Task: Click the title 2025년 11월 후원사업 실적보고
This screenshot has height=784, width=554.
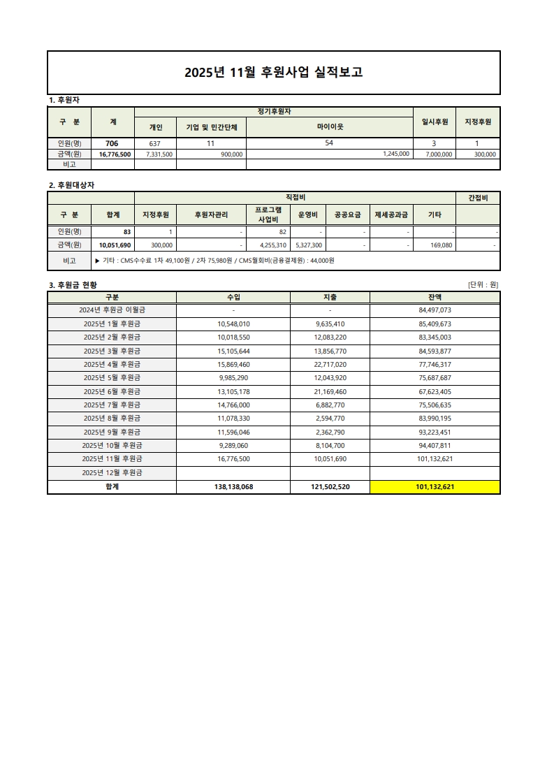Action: click(273, 73)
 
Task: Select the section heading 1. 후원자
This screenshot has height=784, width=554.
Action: click(62, 101)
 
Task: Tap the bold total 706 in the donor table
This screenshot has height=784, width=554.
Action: click(112, 143)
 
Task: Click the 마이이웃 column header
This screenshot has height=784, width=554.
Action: click(330, 127)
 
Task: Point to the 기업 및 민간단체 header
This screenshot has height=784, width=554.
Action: click(211, 127)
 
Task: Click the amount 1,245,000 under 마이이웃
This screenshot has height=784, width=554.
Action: click(396, 154)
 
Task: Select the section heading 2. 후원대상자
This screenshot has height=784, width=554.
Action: click(71, 185)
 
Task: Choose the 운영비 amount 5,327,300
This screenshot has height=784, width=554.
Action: click(309, 245)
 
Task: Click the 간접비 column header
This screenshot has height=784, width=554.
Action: click(478, 198)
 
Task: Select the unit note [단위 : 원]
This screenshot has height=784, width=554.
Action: click(483, 284)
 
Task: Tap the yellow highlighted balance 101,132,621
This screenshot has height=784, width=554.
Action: click(435, 487)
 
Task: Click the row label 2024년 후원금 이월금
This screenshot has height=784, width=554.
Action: click(112, 310)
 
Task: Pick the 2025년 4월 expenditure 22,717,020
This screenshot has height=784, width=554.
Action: click(330, 364)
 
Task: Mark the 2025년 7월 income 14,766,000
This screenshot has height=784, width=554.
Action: click(233, 405)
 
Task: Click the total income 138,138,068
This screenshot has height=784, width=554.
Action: click(233, 487)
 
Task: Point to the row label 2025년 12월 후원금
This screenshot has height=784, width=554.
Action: click(112, 472)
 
